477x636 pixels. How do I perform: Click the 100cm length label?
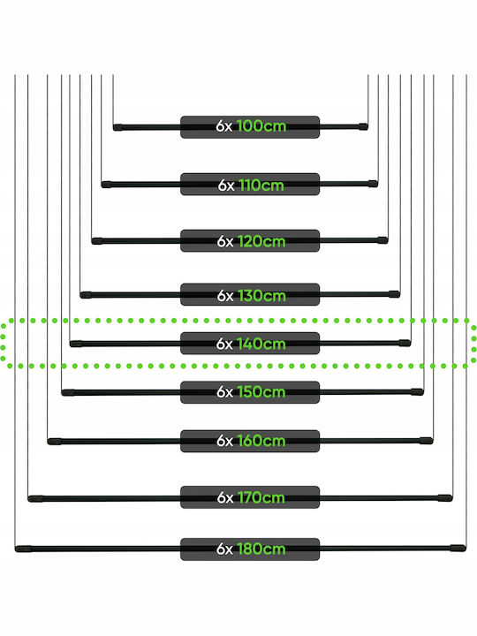pos(250,126)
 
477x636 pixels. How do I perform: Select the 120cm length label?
pos(250,241)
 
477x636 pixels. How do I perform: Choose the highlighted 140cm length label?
pos(250,343)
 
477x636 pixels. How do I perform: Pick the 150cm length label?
pos(250,392)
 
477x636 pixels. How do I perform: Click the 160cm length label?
pos(250,441)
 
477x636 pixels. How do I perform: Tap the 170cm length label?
pos(250,497)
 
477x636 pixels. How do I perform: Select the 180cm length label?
pos(250,549)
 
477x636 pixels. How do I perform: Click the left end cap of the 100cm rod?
pos(117,128)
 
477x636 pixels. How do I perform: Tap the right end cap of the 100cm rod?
pos(363,126)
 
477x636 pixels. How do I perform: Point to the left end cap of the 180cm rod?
pos(23,549)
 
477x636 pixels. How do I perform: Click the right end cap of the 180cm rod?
pos(458,548)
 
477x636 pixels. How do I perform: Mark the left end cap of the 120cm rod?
pos(97,241)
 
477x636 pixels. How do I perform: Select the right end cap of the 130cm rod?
pos(394,294)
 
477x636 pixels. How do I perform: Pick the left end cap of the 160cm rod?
pos(55,442)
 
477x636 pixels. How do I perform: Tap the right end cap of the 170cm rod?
pos(445,497)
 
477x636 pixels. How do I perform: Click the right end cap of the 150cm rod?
pos(417,392)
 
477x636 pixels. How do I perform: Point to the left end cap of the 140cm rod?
pos(76,344)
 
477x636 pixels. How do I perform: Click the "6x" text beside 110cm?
pos(226,185)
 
